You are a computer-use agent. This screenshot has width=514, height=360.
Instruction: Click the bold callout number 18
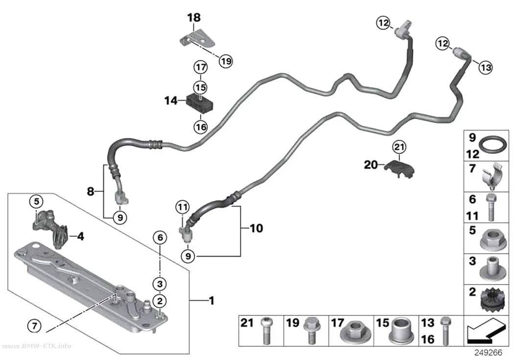[194, 17]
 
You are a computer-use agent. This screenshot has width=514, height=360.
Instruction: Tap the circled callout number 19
[226, 61]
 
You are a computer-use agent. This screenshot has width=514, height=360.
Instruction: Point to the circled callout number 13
[486, 68]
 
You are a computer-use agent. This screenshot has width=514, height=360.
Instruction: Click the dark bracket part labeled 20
[399, 168]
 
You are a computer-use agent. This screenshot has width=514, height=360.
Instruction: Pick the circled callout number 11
[183, 207]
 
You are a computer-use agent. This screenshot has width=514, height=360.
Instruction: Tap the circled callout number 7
[34, 326]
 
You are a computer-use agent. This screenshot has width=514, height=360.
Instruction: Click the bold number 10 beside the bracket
[257, 228]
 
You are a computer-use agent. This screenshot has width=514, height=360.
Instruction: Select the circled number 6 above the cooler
[160, 237]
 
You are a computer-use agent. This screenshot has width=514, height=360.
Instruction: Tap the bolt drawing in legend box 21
[266, 331]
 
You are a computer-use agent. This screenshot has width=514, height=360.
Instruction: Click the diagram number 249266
[488, 353]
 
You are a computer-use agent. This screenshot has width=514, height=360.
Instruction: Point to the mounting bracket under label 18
[197, 39]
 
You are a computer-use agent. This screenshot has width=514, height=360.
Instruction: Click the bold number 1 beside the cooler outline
[211, 300]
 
